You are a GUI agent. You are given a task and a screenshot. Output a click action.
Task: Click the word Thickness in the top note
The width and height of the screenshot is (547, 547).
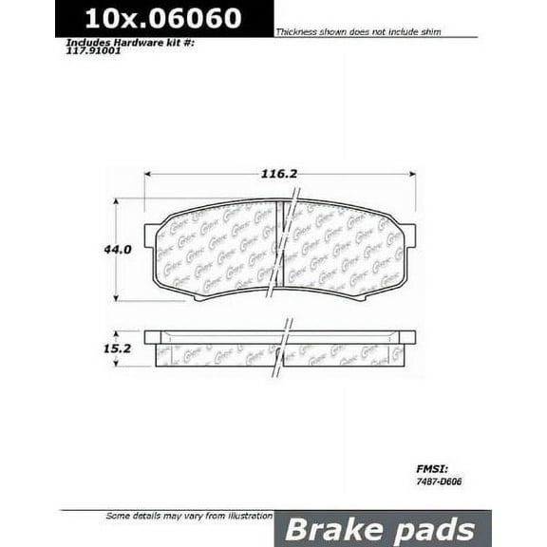pos(298,32)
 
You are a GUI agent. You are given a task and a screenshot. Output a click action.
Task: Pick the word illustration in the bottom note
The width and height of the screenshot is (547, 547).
pos(241,516)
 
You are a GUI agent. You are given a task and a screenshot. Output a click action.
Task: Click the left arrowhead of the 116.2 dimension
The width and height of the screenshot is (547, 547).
pos(147,174)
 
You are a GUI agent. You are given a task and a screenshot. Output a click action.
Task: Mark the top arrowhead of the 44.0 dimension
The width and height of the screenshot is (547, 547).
pos(116,201)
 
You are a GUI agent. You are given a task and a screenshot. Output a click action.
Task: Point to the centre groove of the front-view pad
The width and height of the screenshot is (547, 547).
pos(281,249)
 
